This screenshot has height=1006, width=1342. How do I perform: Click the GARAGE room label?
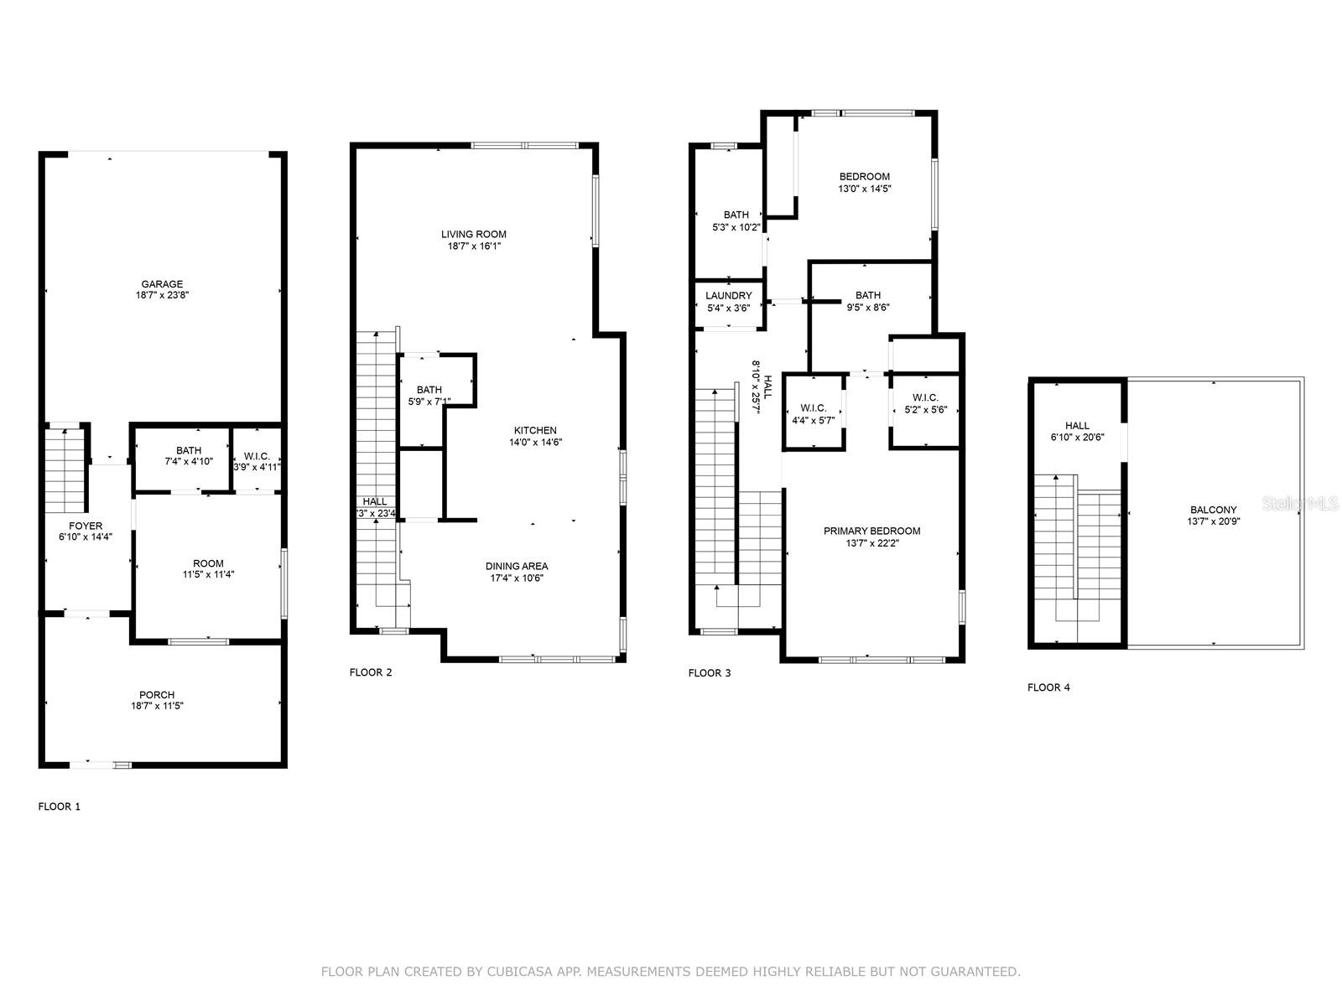pos(162,284)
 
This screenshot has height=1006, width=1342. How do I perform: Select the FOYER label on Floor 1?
pos(86,526)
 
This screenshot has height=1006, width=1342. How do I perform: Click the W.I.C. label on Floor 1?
pos(257,456)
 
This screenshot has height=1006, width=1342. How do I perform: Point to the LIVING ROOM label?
pos(474,234)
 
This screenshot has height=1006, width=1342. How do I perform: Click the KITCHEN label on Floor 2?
pos(535,430)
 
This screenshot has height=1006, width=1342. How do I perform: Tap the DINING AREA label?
pos(517,566)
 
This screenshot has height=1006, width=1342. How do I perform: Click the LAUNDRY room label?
pos(728,296)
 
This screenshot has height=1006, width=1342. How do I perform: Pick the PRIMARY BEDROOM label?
pos(871,531)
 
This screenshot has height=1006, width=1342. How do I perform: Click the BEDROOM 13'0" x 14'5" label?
pos(865,176)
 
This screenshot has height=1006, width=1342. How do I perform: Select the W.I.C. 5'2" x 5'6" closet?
pos(924,403)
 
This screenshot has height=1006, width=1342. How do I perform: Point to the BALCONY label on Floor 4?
pos(1213,510)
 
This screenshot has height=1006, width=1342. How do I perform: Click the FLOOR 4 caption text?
pos(1048,687)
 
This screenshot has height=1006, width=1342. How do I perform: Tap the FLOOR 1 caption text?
pos(60,806)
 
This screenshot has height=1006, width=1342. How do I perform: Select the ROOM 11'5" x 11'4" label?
pos(208,563)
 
